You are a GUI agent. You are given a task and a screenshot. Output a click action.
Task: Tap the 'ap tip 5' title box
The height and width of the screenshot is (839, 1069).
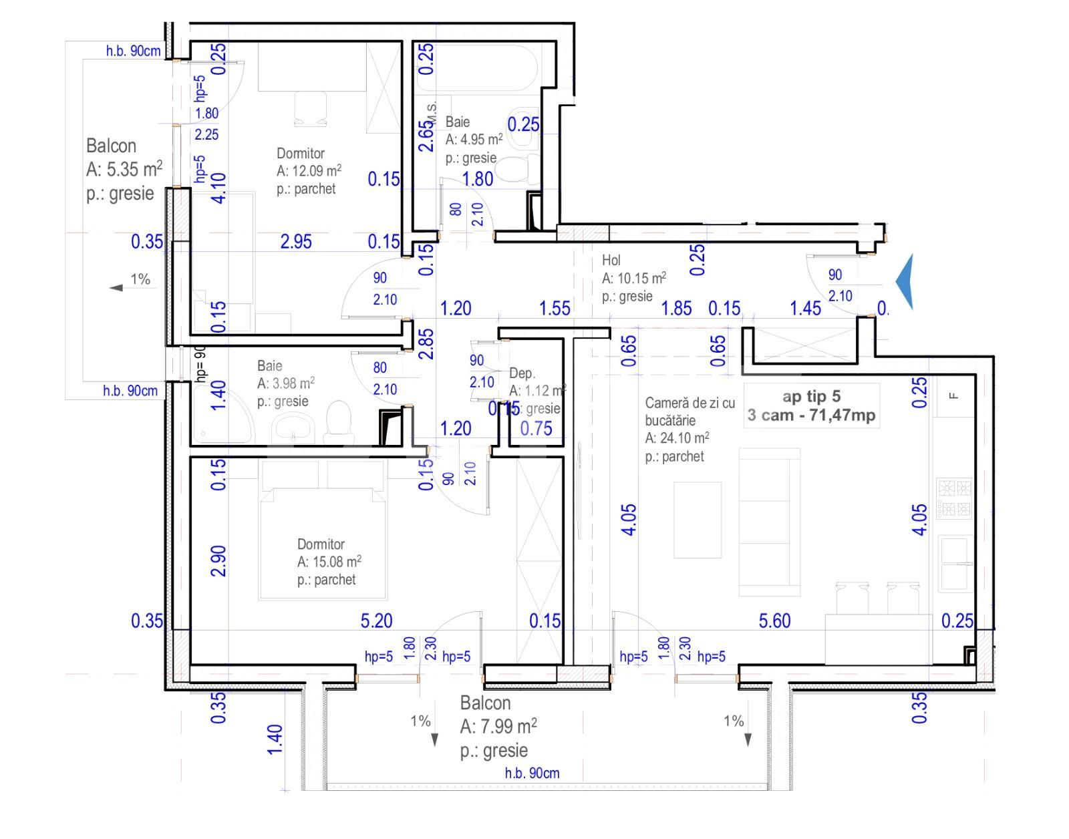811,405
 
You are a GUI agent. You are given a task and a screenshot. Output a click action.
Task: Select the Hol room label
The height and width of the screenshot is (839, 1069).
611,261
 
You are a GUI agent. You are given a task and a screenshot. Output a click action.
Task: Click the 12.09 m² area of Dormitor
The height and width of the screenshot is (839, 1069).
309,171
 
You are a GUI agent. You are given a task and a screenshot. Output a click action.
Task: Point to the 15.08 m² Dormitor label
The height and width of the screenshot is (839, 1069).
329,562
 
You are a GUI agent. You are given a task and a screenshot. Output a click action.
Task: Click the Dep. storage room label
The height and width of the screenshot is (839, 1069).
522,373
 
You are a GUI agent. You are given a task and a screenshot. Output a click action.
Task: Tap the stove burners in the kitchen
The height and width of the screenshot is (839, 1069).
954,498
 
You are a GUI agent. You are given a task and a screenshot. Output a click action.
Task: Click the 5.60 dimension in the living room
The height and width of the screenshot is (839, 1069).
774,621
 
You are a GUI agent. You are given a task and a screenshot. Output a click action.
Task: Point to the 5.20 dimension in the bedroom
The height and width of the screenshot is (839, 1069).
376,621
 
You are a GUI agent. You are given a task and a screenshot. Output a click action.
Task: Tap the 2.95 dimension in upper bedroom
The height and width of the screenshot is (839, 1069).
295,242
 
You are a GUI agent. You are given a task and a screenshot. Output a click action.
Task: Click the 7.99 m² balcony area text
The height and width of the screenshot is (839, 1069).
498,727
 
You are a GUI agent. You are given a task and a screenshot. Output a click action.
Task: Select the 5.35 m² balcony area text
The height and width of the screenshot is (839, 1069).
124,170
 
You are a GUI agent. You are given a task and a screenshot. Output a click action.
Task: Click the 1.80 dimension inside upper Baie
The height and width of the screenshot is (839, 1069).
478,179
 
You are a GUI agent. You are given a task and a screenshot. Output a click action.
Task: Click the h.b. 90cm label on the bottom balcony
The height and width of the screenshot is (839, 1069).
532,774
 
